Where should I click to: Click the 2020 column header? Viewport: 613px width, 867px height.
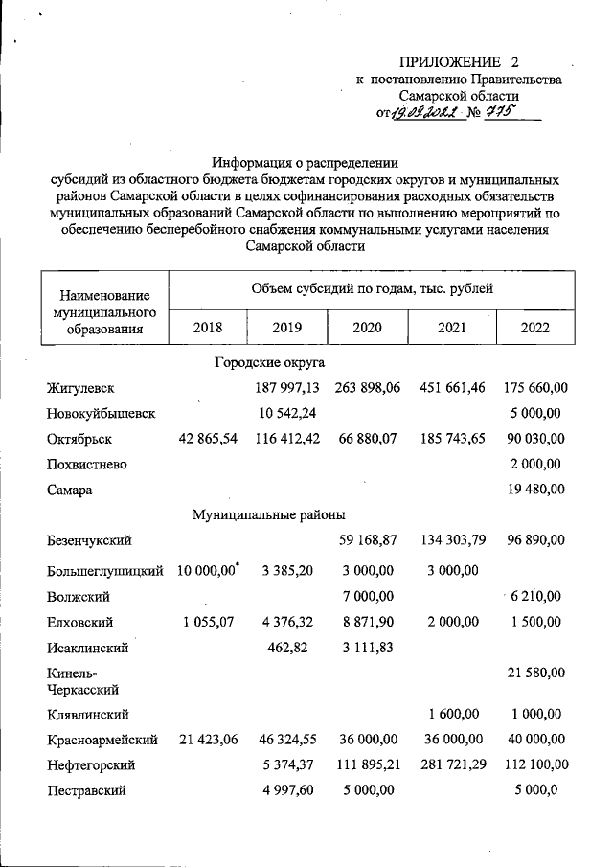(x=367, y=327)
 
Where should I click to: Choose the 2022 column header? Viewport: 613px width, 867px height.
(x=535, y=327)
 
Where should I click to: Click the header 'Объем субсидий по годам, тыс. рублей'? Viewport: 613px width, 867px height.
(x=372, y=285)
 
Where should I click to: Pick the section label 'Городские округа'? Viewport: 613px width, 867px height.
(x=269, y=363)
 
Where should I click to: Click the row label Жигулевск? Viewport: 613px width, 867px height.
(x=80, y=388)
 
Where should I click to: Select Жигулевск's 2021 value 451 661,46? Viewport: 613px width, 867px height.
(x=451, y=388)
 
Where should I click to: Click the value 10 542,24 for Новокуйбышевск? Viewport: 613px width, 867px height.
(x=285, y=413)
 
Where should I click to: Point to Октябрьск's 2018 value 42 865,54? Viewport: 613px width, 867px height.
(x=206, y=438)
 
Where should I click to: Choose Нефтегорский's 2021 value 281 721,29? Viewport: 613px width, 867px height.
(x=451, y=765)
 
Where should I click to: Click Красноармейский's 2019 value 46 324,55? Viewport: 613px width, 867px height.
(x=285, y=740)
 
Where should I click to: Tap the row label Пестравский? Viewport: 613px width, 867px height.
(x=84, y=791)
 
